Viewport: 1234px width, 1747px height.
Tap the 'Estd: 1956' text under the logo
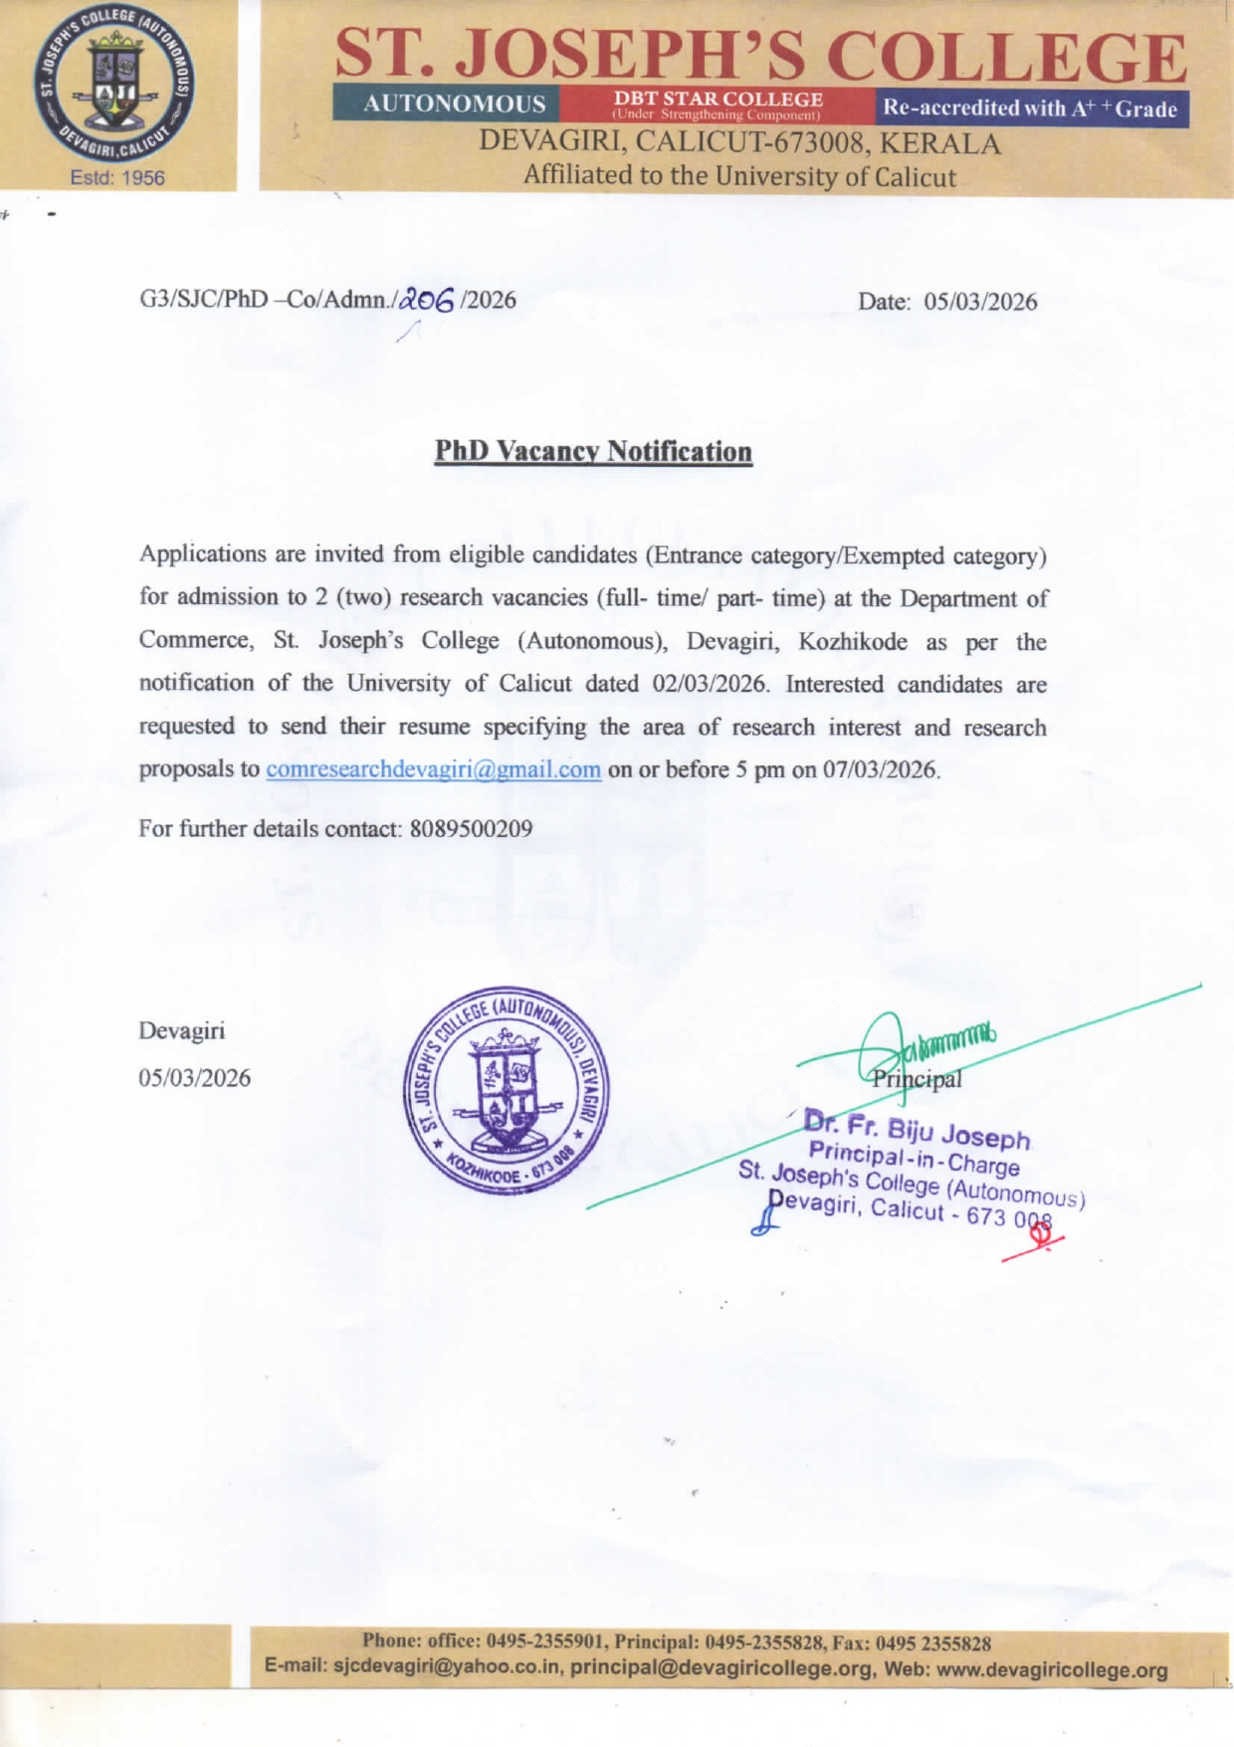[117, 178]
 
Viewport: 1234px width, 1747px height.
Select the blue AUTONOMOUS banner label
[454, 104]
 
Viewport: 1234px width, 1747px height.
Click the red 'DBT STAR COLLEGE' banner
[717, 104]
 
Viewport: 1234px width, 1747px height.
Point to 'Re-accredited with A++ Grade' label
[1030, 109]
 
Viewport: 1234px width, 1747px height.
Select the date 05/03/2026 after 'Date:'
[980, 302]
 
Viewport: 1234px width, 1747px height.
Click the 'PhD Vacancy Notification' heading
[593, 451]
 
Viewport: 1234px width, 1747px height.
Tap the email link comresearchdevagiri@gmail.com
[433, 769]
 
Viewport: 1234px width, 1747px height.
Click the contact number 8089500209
[471, 828]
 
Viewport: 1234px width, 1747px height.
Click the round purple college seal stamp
[507, 1091]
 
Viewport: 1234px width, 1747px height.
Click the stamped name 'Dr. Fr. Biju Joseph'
[917, 1130]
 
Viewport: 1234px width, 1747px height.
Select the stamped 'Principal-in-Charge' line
[914, 1158]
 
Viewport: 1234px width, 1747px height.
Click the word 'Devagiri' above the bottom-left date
[182, 1030]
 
